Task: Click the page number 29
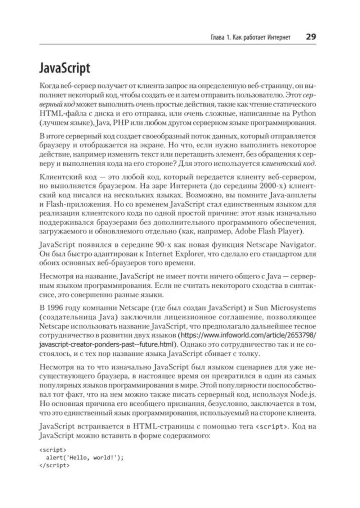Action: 311,37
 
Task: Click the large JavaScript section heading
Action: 64,68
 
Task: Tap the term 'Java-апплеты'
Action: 292,195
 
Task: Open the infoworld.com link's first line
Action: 248,335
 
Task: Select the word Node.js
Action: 302,394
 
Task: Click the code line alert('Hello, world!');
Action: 85,458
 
